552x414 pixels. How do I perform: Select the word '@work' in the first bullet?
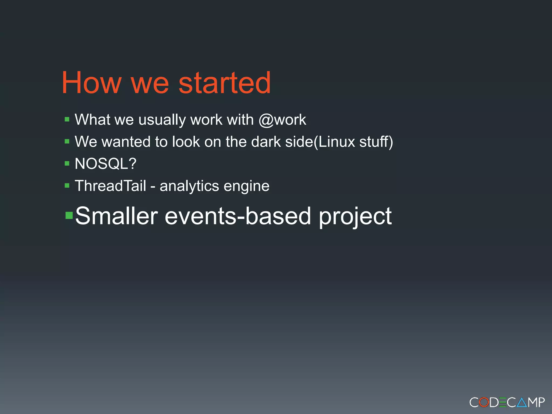coord(282,120)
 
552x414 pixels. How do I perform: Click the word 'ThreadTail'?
coord(111,186)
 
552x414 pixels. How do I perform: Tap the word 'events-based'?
coord(238,216)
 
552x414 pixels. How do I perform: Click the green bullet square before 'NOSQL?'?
coord(67,163)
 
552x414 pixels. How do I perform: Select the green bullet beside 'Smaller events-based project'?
coord(69,215)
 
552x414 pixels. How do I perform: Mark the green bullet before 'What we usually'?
coord(67,119)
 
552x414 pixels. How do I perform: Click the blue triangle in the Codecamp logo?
coord(522,403)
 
